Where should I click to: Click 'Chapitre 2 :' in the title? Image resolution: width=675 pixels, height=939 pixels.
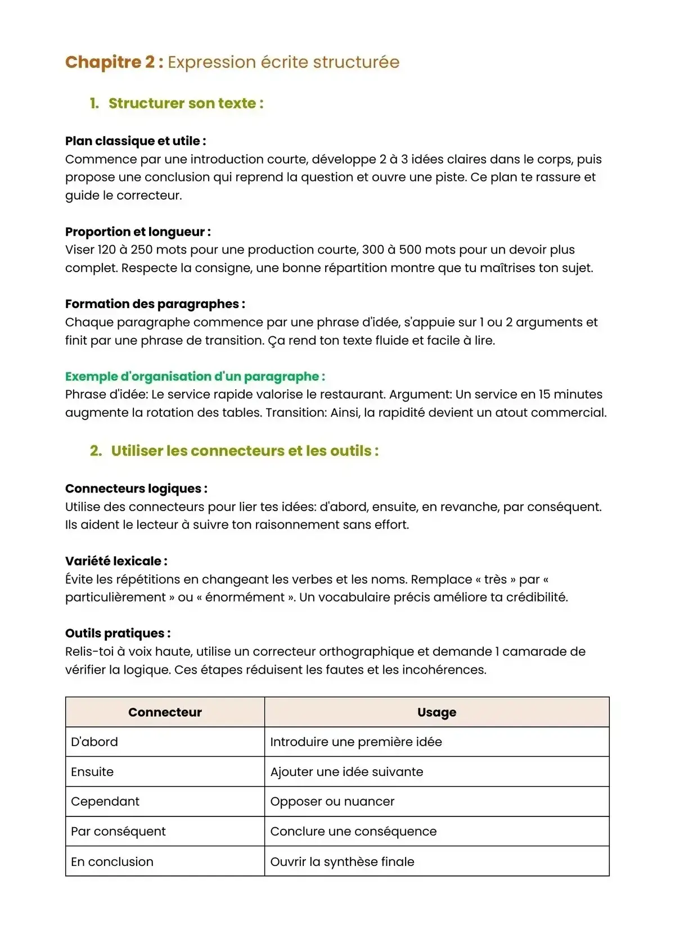point(114,62)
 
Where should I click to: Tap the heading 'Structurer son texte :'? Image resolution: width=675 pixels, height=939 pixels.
point(186,103)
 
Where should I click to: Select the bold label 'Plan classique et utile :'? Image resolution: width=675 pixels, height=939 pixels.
point(136,141)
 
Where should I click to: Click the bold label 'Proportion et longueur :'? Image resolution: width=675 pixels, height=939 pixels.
point(138,232)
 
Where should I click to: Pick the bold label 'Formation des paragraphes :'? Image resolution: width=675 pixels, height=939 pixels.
point(155,304)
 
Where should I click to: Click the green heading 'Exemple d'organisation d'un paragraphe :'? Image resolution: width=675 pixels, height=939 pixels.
point(195,377)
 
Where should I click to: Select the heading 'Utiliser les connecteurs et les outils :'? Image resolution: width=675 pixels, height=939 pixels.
point(245,451)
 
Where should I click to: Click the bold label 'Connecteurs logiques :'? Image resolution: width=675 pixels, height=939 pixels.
point(136,489)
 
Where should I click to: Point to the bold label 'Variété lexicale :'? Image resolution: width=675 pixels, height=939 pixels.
point(116,561)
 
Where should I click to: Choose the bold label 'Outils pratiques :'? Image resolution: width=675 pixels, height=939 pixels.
point(118,634)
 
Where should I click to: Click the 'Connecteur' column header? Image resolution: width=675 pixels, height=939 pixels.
point(165,712)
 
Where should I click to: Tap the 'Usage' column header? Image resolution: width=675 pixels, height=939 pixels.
point(436,712)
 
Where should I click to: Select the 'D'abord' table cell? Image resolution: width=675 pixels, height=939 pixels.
point(94,742)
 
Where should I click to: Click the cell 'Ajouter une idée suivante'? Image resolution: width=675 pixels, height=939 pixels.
point(346,772)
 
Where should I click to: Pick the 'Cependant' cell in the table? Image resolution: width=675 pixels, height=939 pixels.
point(105,802)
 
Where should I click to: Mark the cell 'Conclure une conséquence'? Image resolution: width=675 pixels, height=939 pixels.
point(353,832)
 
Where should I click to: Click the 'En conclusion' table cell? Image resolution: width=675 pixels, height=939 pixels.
point(112,862)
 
